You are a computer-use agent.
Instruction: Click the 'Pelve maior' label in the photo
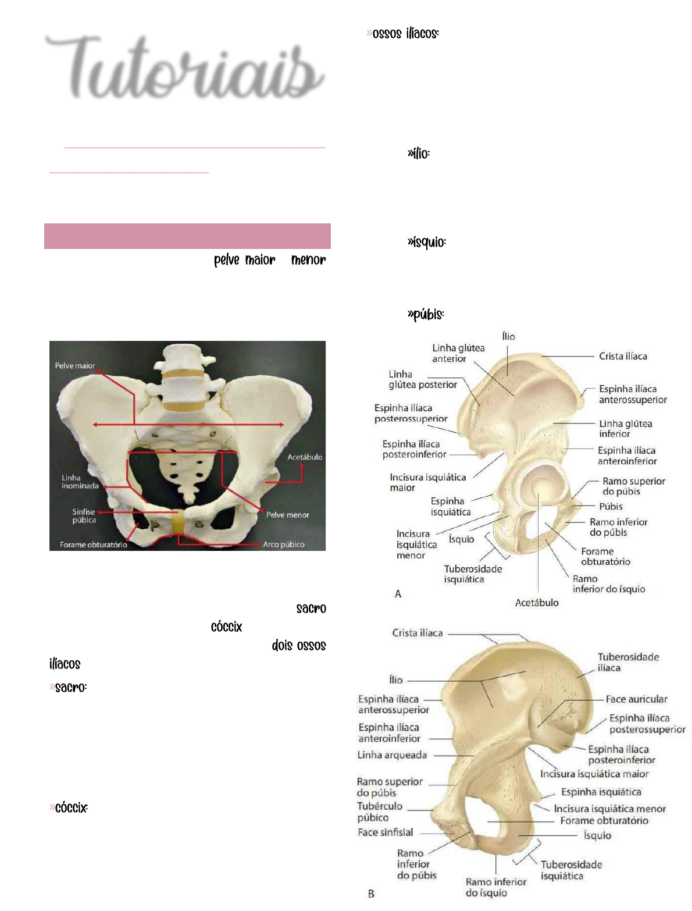click(75, 366)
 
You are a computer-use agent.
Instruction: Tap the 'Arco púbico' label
click(284, 545)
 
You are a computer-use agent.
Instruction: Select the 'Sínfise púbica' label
click(84, 516)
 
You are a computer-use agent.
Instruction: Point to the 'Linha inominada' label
click(80, 482)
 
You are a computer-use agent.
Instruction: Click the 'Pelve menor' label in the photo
click(287, 515)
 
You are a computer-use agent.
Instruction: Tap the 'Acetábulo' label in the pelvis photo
click(305, 457)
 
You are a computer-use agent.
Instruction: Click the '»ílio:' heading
click(419, 154)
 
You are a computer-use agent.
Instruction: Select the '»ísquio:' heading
click(427, 242)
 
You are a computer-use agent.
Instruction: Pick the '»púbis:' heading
click(426, 315)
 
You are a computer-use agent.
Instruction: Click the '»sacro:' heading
click(69, 688)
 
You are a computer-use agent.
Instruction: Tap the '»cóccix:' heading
click(69, 808)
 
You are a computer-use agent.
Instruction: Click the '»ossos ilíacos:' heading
click(403, 34)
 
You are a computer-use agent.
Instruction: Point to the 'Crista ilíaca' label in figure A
click(623, 356)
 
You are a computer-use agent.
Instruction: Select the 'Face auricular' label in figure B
click(636, 699)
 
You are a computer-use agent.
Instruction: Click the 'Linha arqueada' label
click(392, 755)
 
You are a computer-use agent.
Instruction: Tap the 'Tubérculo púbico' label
click(379, 812)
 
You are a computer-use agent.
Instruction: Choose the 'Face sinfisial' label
click(385, 832)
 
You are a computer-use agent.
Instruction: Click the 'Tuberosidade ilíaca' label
click(628, 663)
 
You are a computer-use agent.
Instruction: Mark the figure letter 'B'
click(371, 894)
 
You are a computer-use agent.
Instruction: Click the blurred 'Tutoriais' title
click(185, 69)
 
